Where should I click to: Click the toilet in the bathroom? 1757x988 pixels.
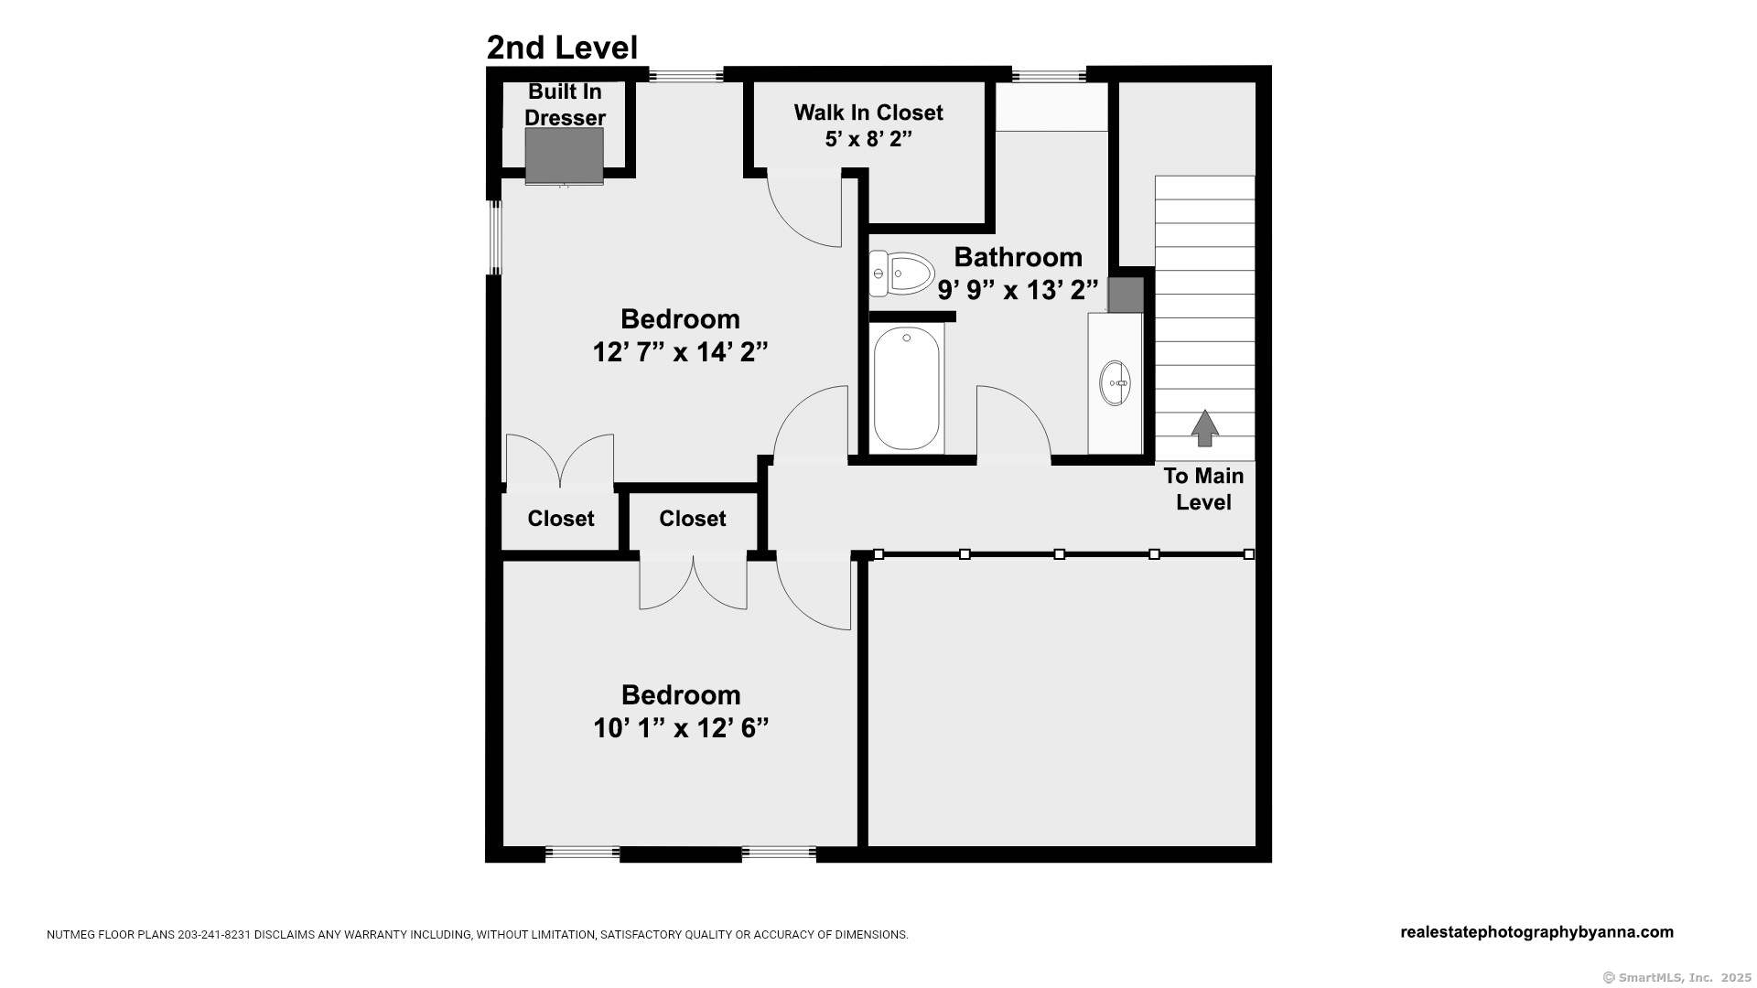(x=901, y=274)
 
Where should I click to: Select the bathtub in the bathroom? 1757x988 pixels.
(x=906, y=388)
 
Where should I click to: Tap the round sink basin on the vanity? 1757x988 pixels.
(x=1115, y=382)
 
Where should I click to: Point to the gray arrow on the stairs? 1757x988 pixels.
(x=1205, y=428)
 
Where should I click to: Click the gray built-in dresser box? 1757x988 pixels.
(x=564, y=156)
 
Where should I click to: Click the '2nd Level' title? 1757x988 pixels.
(x=562, y=48)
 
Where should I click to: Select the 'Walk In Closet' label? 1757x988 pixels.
(x=868, y=113)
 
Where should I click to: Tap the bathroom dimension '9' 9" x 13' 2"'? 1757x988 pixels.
(x=1018, y=290)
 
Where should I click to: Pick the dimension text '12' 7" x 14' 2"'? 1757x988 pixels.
(x=680, y=352)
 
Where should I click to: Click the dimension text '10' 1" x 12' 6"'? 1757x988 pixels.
(x=681, y=728)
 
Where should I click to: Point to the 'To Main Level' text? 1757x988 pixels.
(x=1203, y=489)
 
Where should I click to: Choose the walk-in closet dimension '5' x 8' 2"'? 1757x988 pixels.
(x=868, y=139)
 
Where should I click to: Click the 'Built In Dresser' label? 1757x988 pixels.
(x=565, y=104)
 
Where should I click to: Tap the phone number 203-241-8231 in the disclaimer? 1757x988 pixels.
(x=216, y=935)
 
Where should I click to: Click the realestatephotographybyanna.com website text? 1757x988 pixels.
(x=1537, y=932)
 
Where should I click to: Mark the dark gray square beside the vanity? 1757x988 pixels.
(x=1126, y=295)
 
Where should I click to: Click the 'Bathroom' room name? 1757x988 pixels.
(x=1018, y=257)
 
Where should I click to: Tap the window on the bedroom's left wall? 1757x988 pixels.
(x=494, y=238)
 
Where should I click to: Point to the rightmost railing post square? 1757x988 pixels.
(x=1249, y=554)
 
